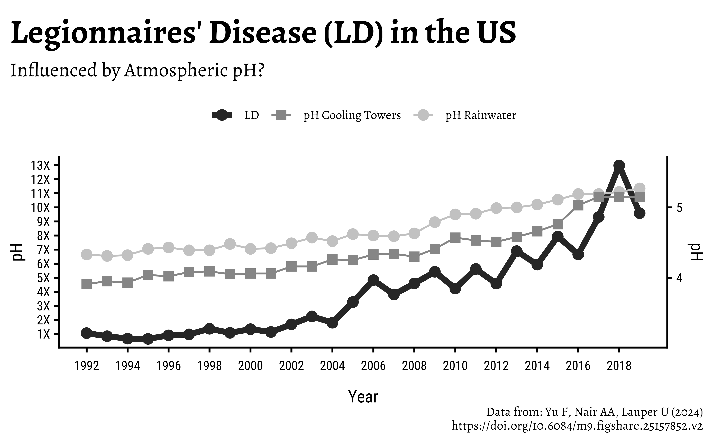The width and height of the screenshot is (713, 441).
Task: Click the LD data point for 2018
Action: point(619,165)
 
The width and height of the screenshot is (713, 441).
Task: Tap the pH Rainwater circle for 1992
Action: point(87,254)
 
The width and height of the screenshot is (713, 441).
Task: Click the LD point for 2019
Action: point(639,213)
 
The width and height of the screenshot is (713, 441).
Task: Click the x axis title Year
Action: point(363,397)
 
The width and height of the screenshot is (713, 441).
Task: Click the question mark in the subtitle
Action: point(260,71)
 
